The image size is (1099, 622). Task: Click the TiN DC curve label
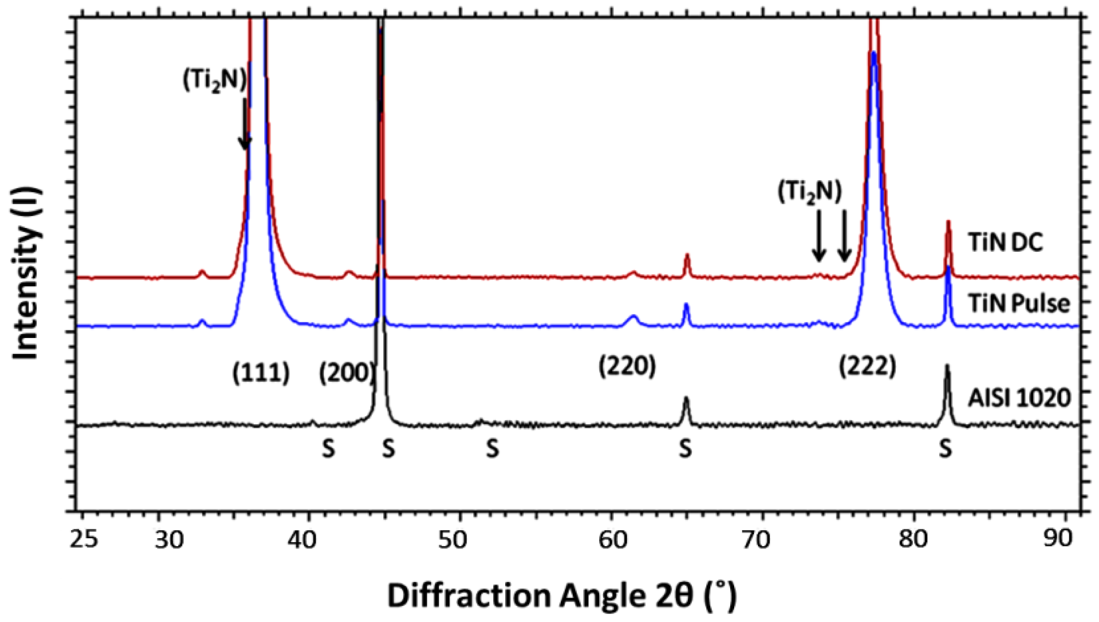pyautogui.click(x=1005, y=242)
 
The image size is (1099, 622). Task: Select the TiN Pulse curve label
pyautogui.click(x=1019, y=303)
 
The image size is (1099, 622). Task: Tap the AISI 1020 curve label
pyautogui.click(x=1019, y=398)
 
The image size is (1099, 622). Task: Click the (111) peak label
pyautogui.click(x=261, y=374)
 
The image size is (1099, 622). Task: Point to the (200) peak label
pyautogui.click(x=346, y=374)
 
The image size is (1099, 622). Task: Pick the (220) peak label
pyautogui.click(x=627, y=366)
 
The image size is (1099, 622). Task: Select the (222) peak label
pyautogui.click(x=867, y=366)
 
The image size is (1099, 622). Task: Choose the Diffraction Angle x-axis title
pyautogui.click(x=561, y=595)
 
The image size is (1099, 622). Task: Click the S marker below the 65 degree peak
pyautogui.click(x=685, y=449)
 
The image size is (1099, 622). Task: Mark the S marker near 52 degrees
pyautogui.click(x=493, y=449)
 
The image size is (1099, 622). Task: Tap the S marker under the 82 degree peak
pyautogui.click(x=946, y=449)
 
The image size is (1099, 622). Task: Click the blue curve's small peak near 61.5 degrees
pyautogui.click(x=633, y=317)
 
